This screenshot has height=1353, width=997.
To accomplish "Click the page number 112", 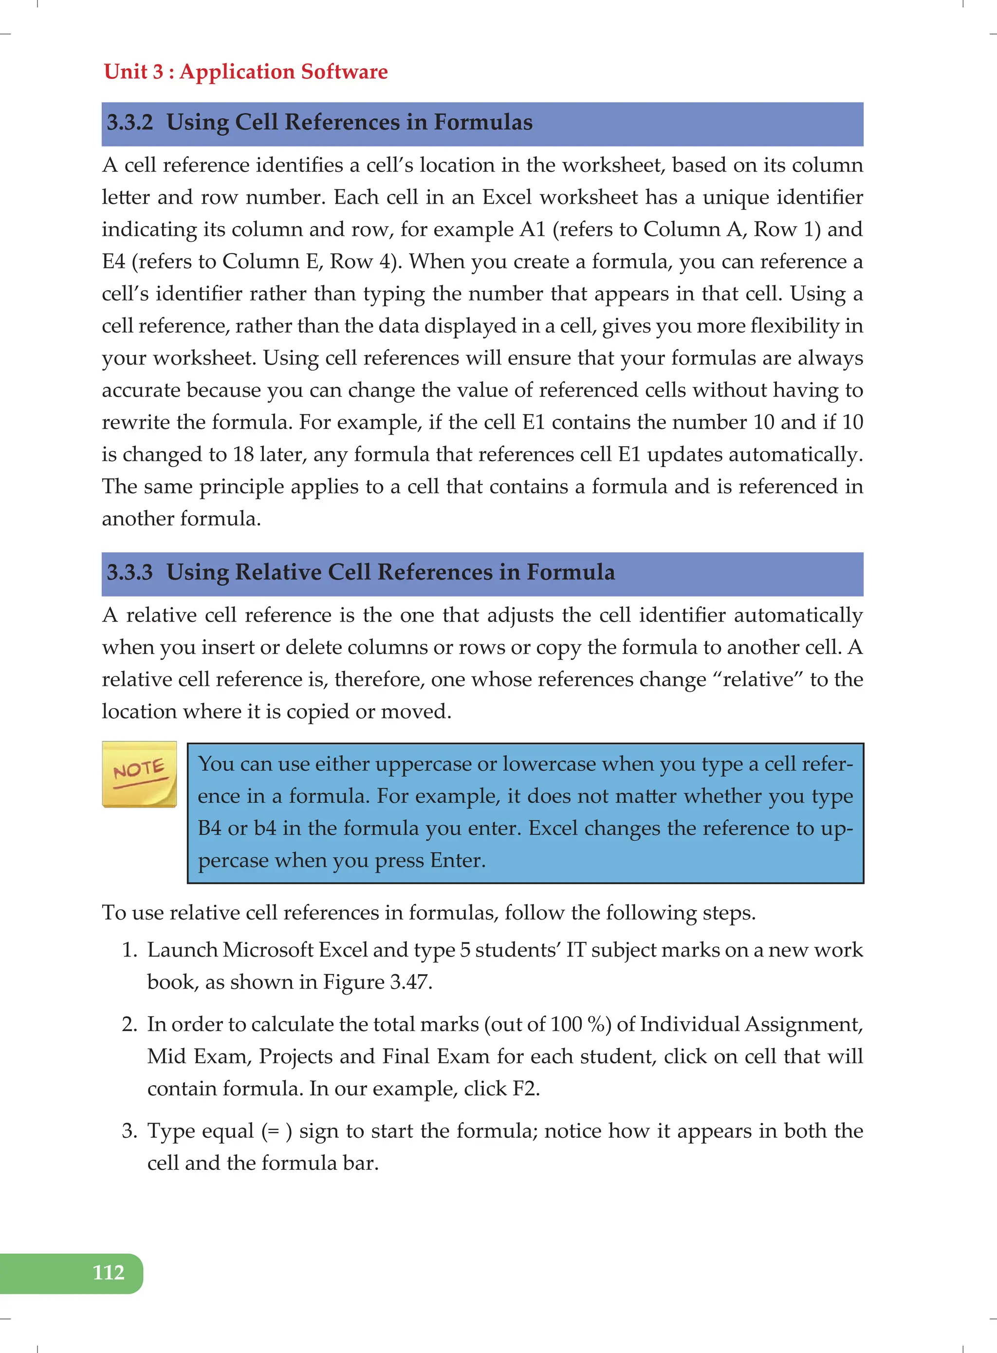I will (108, 1272).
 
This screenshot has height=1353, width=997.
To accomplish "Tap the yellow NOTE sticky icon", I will (139, 774).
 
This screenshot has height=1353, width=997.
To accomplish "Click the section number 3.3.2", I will (130, 123).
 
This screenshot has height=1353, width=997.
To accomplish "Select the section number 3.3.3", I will (130, 572).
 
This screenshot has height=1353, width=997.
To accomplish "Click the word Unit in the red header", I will (126, 72).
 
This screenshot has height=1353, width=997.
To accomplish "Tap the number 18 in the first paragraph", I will (243, 454).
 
